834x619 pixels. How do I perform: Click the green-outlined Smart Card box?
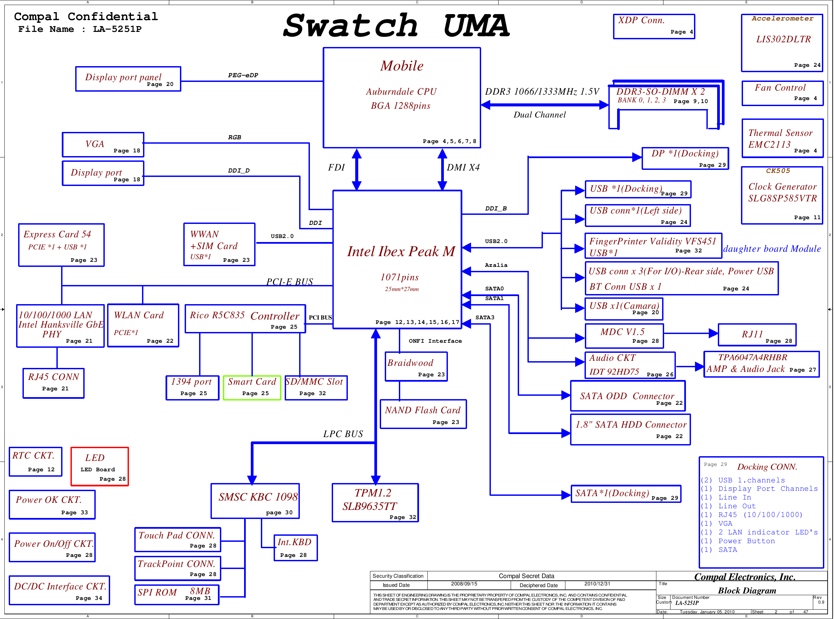(x=252, y=388)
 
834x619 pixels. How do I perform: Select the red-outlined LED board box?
(x=100, y=467)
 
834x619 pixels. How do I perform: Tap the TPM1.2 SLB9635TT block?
(x=375, y=503)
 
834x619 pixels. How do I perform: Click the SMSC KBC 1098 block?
(x=255, y=501)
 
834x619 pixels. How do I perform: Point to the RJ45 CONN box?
(x=54, y=383)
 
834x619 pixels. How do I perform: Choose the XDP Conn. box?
(x=654, y=26)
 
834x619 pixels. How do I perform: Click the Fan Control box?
(x=782, y=93)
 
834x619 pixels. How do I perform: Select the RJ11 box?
(x=757, y=335)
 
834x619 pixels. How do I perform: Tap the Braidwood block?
(x=416, y=367)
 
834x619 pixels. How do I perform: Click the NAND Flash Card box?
(x=423, y=414)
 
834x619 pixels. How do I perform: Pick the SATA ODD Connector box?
(x=628, y=396)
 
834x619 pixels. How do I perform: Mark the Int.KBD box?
(x=295, y=547)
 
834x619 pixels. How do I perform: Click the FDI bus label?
(x=336, y=168)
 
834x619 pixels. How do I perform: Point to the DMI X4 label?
(x=463, y=168)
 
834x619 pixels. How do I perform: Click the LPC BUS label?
(x=343, y=434)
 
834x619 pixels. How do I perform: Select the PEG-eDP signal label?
(x=243, y=75)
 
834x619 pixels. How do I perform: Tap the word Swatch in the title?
(x=350, y=26)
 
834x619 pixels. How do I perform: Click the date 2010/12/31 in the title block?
(x=597, y=584)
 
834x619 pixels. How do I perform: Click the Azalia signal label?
(x=496, y=265)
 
